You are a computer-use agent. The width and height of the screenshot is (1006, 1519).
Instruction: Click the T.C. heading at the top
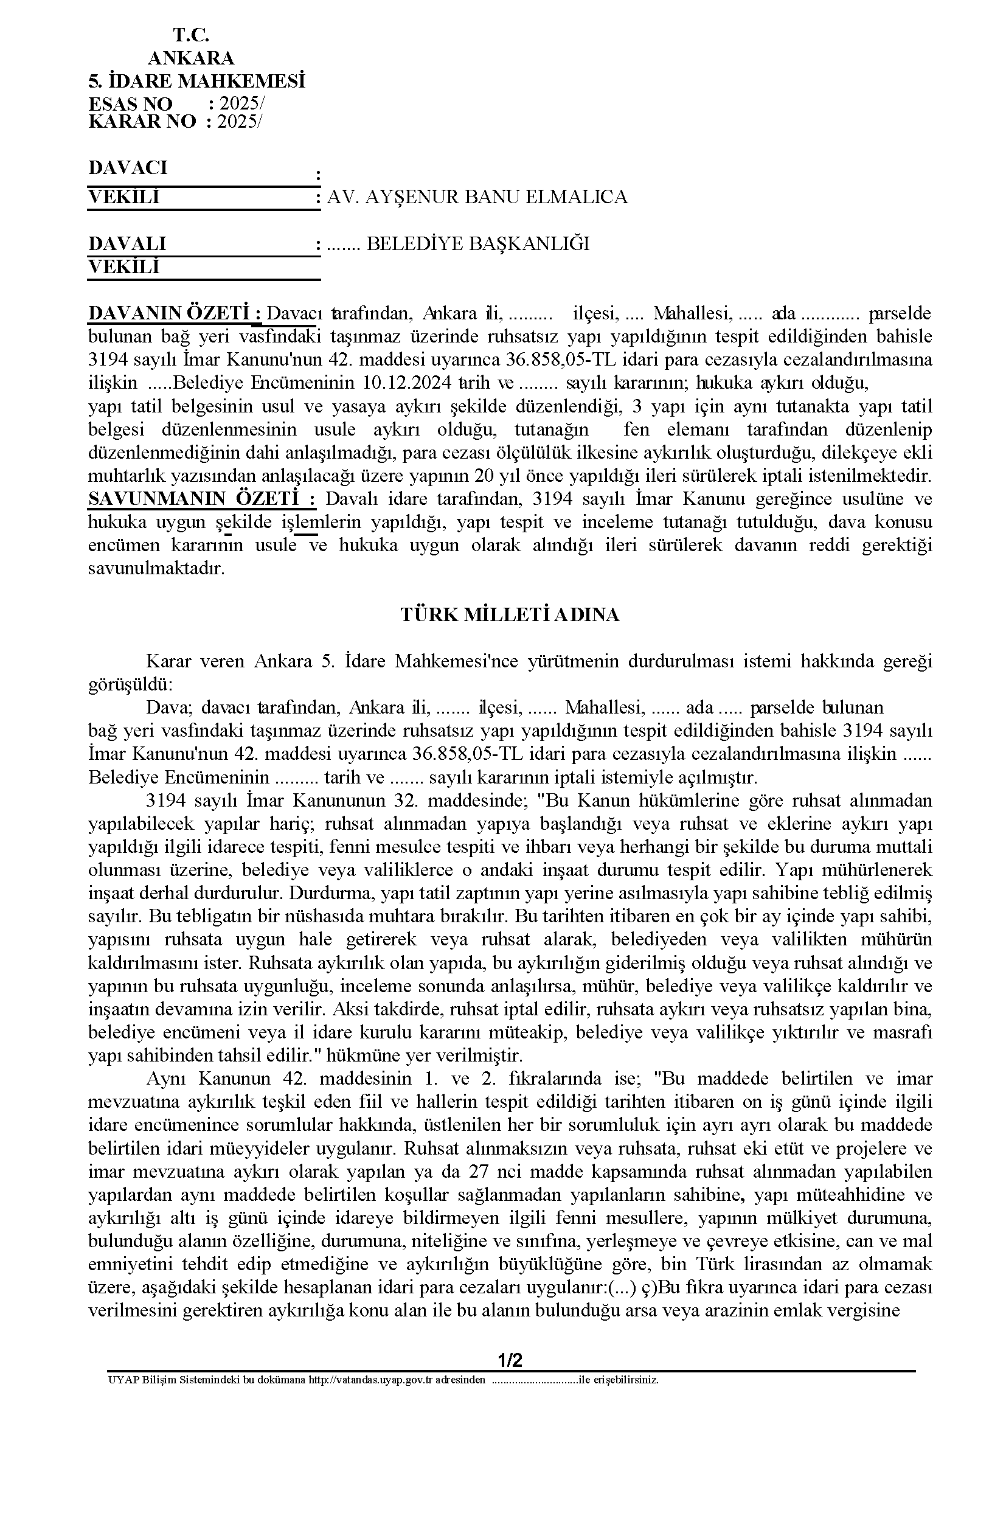[x=190, y=35]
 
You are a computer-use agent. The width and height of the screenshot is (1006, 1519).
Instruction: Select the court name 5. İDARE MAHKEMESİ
[x=196, y=82]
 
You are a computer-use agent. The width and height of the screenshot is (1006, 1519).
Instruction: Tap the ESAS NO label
[x=130, y=104]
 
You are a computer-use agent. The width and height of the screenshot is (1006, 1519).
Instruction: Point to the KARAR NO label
[x=142, y=122]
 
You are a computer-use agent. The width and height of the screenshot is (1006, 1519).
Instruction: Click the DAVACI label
[x=128, y=167]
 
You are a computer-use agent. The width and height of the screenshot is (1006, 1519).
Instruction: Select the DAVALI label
[x=127, y=244]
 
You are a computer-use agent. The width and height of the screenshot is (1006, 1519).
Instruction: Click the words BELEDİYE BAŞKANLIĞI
[x=477, y=244]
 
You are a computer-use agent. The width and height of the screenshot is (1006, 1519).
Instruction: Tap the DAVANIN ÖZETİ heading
[x=174, y=314]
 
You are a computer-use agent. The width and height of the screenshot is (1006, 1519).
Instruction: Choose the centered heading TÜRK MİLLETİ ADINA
[x=510, y=615]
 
